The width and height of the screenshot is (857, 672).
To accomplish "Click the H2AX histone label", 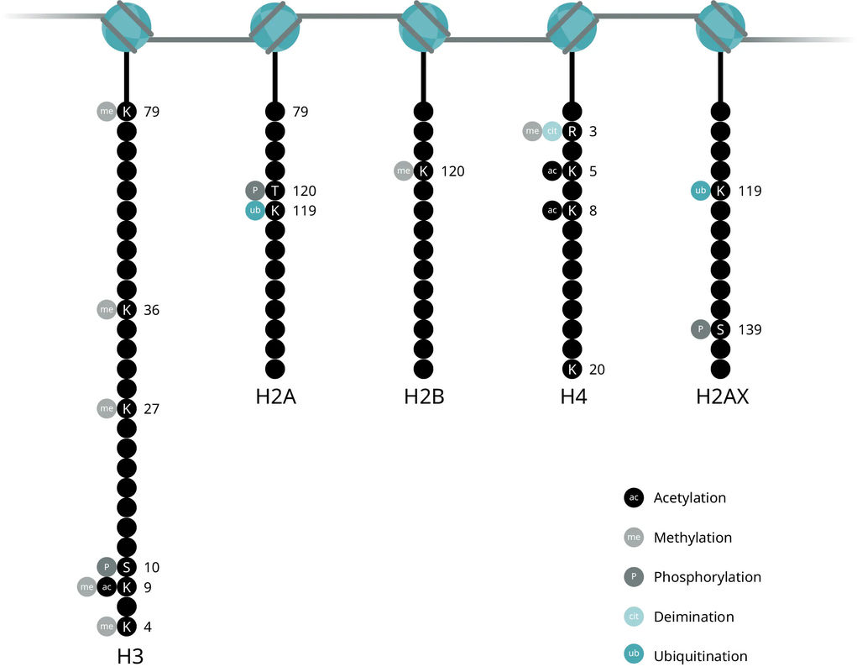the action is [722, 396].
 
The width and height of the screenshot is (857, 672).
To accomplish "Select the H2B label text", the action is [424, 396].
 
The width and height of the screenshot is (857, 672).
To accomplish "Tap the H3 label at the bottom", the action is [130, 655].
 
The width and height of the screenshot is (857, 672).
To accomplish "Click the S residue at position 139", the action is [720, 329].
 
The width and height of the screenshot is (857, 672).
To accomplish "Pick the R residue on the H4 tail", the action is [572, 131].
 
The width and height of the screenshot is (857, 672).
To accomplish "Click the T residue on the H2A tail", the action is [275, 191].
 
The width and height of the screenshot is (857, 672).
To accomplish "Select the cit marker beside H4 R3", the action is [552, 131].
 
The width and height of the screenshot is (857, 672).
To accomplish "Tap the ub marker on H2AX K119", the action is [701, 191].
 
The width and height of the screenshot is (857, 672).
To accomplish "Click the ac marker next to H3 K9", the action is [107, 587].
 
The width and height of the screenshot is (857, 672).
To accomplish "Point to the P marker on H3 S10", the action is [107, 567].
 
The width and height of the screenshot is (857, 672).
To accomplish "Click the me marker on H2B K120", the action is [404, 171].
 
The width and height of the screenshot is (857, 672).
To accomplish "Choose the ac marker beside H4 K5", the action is [552, 171].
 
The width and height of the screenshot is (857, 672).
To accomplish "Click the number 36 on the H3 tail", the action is [151, 310].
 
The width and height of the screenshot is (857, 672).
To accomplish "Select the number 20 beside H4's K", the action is [597, 370].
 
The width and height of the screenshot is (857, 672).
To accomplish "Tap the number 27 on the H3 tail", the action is [151, 409].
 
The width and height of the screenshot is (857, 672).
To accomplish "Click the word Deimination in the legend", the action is [693, 617].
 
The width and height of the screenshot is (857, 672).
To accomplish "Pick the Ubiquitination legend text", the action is [700, 656].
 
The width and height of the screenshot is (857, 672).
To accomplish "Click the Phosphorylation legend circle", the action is [634, 577].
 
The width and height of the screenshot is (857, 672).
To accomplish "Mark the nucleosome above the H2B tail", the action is [424, 28].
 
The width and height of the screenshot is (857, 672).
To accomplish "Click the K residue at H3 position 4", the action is [126, 627].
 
